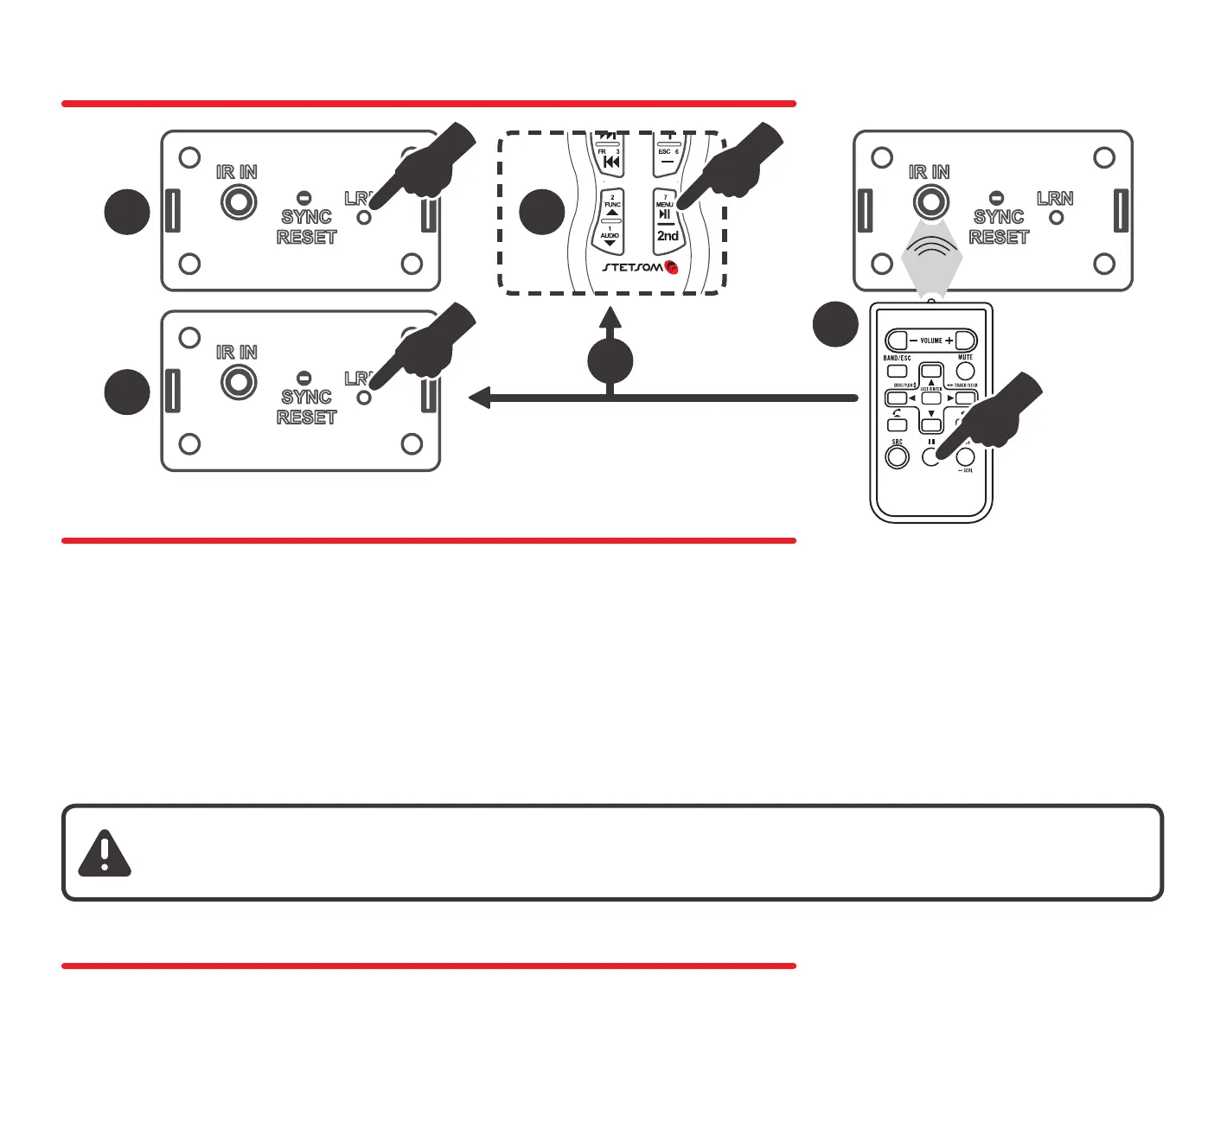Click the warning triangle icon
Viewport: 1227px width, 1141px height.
point(104,854)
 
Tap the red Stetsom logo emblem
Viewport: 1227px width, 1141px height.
point(671,267)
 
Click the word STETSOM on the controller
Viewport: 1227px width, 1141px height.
point(632,267)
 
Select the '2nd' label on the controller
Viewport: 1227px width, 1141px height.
point(668,235)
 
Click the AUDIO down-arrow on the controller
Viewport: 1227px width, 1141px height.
point(610,243)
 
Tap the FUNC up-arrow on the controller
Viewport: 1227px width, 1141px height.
point(611,213)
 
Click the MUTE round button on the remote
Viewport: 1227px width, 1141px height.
point(965,371)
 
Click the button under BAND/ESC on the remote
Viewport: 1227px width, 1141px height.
point(898,371)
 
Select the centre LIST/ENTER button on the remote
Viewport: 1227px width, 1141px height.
point(931,398)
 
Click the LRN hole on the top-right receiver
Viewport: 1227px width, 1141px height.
point(1056,218)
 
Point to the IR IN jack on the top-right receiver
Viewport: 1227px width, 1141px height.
point(930,202)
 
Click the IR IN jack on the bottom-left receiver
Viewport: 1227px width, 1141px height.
point(239,382)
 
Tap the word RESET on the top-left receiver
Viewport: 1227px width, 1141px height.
point(306,237)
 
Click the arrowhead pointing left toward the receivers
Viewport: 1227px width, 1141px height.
point(479,398)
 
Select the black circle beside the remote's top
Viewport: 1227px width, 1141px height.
point(835,324)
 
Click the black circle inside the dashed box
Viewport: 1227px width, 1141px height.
point(542,212)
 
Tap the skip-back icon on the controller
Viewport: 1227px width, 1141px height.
point(611,162)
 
